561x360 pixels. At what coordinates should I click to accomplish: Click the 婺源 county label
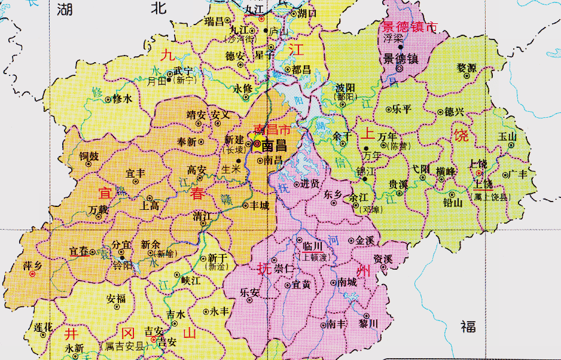(x=467, y=68)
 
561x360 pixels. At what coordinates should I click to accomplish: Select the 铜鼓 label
(x=89, y=156)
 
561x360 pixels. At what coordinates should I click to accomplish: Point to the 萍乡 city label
(x=32, y=264)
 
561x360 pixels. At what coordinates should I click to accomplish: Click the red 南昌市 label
(x=272, y=130)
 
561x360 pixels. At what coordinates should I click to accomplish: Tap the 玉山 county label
(x=507, y=136)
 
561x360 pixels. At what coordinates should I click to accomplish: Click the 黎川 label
(x=368, y=324)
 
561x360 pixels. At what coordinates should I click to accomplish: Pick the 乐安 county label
(x=249, y=293)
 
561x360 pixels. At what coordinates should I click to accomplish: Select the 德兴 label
(x=455, y=111)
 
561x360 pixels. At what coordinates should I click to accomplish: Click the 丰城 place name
(x=259, y=205)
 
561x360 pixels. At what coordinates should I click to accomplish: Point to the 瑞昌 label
(x=214, y=22)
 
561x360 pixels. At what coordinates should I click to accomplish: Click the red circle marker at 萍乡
(x=32, y=274)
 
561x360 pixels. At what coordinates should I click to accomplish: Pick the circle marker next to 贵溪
(x=400, y=193)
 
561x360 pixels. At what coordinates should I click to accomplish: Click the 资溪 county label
(x=383, y=259)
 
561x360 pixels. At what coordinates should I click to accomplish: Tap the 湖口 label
(x=307, y=12)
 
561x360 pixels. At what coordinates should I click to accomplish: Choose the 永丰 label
(x=219, y=311)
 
